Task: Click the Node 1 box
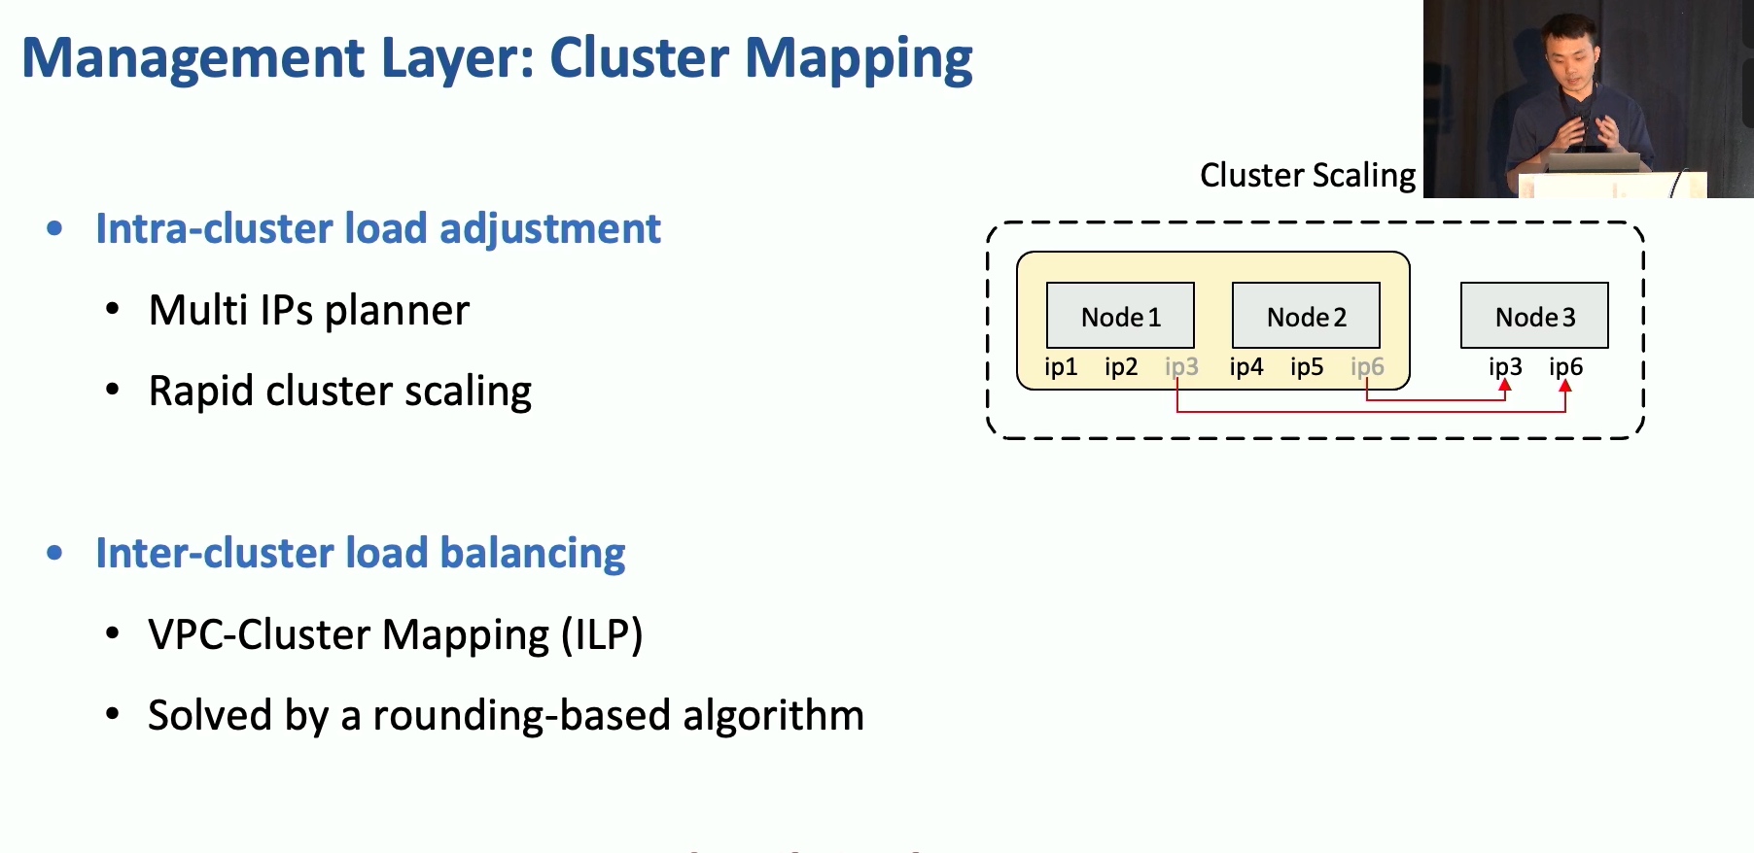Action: coord(1120,315)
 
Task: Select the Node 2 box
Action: coord(1306,315)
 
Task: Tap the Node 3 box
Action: coord(1534,315)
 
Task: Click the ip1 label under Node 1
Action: coord(1061,367)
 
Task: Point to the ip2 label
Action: coord(1121,367)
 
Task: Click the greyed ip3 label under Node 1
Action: coord(1181,367)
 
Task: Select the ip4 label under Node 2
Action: coord(1246,367)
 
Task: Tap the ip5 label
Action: coord(1307,367)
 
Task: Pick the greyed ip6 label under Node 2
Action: coord(1367,367)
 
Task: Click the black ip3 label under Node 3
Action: coord(1505,367)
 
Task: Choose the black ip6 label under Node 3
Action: coord(1565,367)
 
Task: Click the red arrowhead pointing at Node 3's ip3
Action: coord(1505,386)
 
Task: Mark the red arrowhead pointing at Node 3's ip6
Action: coord(1565,386)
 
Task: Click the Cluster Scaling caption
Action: coord(1308,176)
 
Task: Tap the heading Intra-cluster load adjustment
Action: coord(378,229)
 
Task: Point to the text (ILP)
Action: coord(602,635)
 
